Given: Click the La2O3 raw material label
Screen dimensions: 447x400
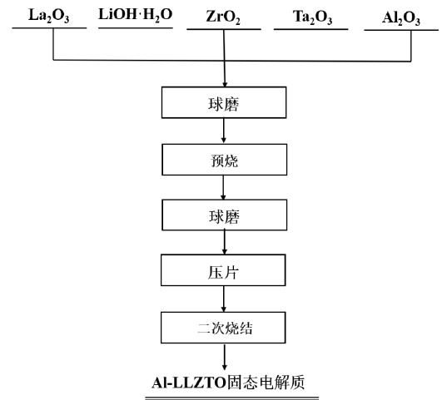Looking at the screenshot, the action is click(49, 16).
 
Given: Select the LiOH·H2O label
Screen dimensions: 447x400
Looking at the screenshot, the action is click(135, 15).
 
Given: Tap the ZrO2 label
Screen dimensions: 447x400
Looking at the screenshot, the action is click(223, 17).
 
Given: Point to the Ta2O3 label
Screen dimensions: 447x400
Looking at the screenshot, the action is click(312, 17).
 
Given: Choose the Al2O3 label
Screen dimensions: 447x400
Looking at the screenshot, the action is click(401, 18).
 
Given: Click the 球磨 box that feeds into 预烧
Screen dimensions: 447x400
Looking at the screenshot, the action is click(224, 102).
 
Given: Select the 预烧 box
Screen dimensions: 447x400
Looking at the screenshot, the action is click(225, 160).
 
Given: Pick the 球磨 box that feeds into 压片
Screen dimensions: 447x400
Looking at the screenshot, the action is click(225, 215).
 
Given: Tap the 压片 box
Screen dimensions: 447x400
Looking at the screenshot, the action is click(223, 270).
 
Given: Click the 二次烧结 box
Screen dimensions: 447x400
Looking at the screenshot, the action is click(223, 328).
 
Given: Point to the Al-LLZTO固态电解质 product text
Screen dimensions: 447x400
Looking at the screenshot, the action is click(228, 383).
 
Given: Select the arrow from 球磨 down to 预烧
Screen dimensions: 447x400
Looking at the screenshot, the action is click(223, 131).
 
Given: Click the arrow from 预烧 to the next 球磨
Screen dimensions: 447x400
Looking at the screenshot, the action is click(223, 187).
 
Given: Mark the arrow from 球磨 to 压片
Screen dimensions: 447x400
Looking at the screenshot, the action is click(225, 243).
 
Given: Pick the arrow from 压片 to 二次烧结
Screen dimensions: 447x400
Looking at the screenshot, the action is click(223, 299).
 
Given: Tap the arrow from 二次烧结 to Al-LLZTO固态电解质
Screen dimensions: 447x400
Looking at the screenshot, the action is click(225, 358).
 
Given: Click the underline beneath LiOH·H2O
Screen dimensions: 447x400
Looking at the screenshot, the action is click(136, 28).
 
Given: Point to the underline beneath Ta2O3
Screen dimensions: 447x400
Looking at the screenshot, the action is click(311, 29).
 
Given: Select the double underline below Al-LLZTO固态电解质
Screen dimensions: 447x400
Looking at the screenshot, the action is click(231, 398).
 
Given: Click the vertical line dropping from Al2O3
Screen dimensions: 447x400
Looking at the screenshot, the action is click(411, 46).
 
